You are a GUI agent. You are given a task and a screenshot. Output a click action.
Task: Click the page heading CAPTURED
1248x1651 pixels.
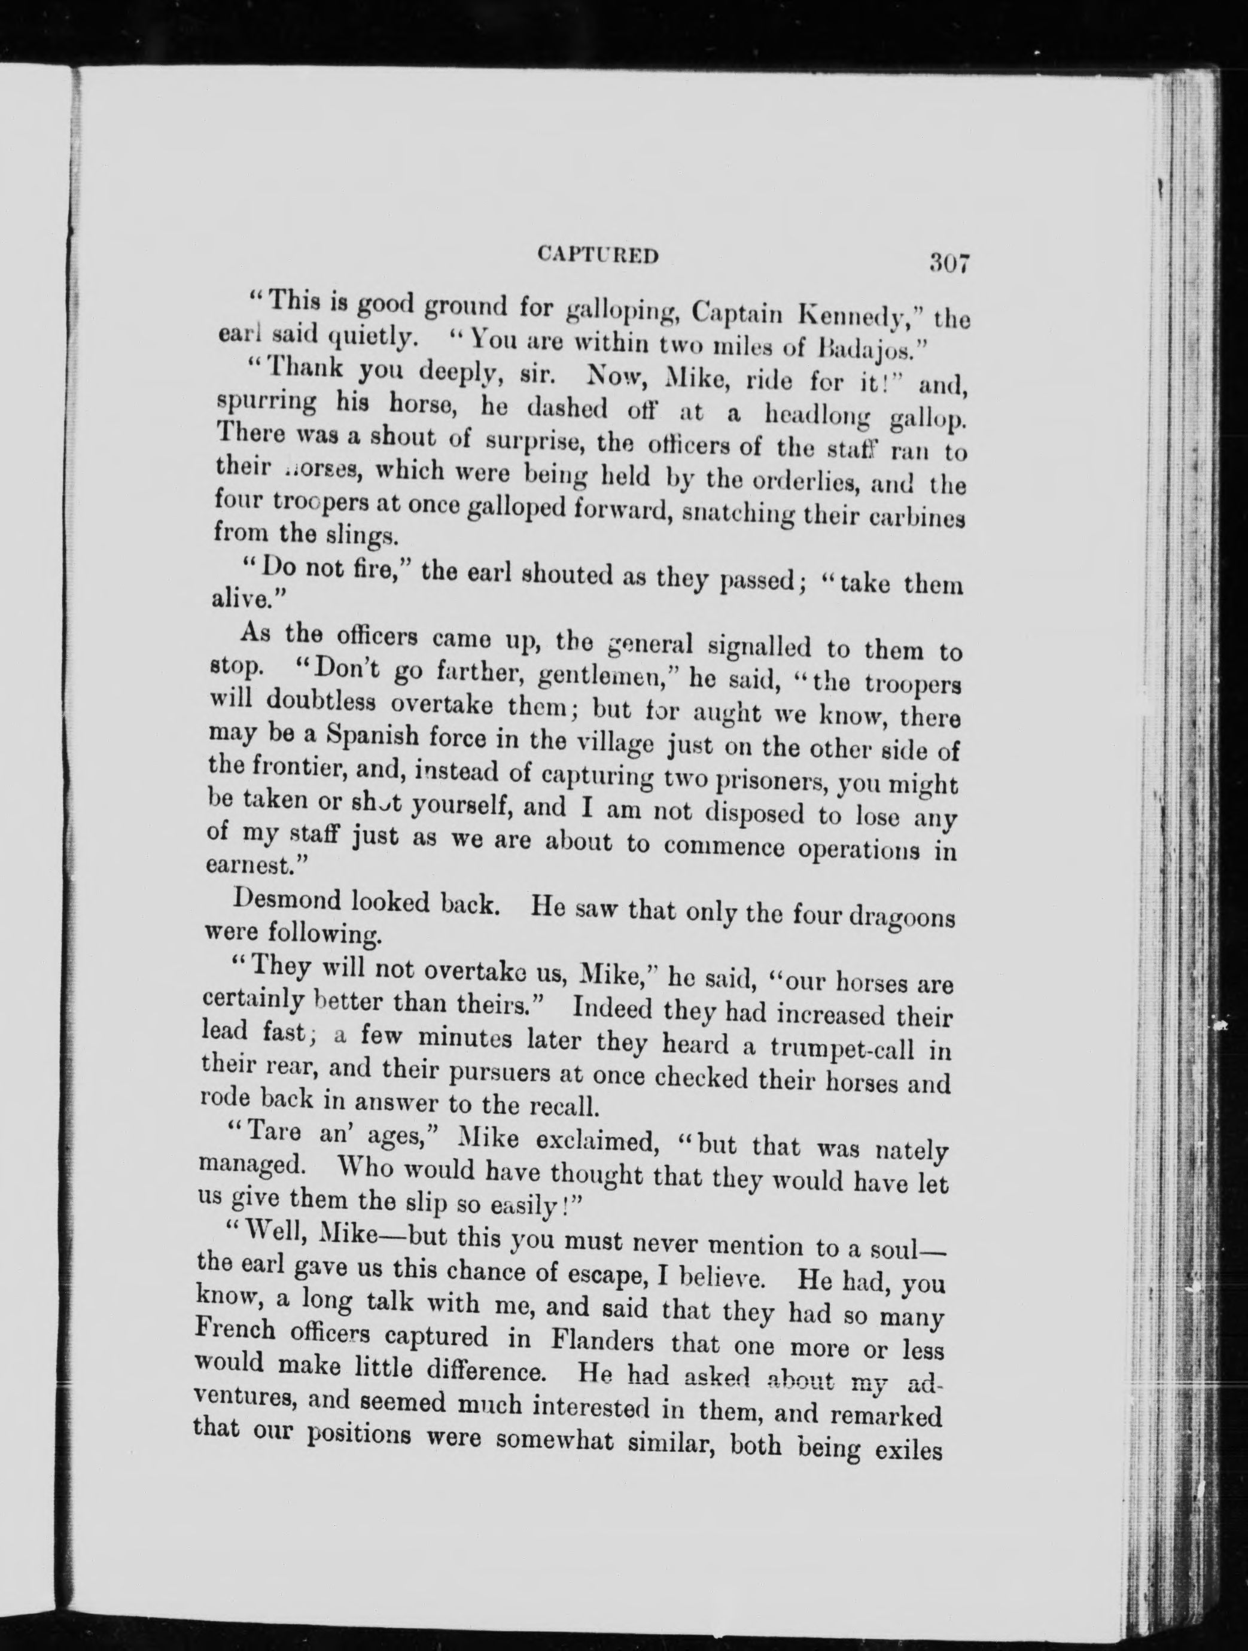(x=598, y=255)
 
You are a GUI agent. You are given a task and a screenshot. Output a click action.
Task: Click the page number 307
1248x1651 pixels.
(x=948, y=263)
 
